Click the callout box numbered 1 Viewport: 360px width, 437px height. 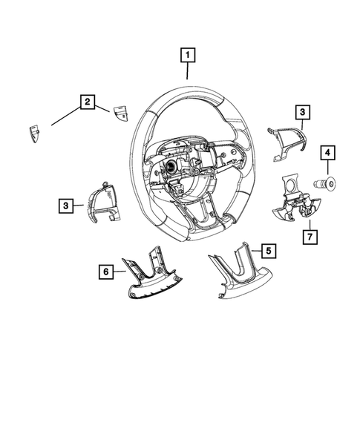click(x=188, y=54)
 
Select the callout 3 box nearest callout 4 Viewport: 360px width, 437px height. click(x=302, y=112)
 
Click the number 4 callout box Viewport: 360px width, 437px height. click(x=327, y=154)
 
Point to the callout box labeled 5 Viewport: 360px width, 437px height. click(x=267, y=251)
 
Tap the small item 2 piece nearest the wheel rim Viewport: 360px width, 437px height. click(x=120, y=113)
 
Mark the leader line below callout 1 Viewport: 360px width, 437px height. click(x=188, y=70)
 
